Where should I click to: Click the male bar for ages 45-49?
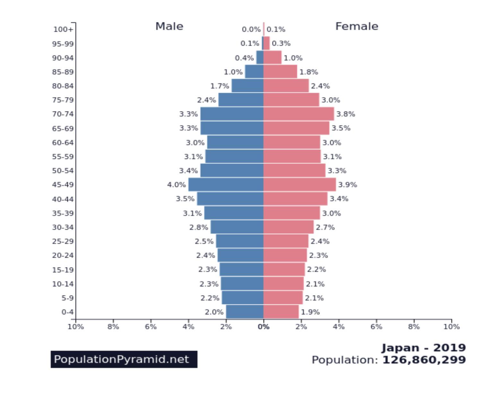pos(226,185)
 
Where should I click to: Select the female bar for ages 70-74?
pos(299,114)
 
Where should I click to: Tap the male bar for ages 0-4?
pos(245,312)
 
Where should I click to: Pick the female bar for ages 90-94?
pos(273,58)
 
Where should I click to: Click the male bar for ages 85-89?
pos(254,72)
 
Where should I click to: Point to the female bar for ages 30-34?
pos(288,227)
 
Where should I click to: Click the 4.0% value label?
pos(176,185)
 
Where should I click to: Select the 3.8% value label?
pos(345,114)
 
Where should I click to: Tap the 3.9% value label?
pos(347,185)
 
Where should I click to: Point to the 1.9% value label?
pos(310,312)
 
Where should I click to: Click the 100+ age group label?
pos(63,30)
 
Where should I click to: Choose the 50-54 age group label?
pos(63,171)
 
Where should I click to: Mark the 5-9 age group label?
pos(67,298)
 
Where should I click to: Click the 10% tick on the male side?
pos(76,327)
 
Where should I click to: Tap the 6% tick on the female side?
pos(376,327)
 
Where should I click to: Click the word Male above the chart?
pos(169,26)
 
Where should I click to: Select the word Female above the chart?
pos(357,26)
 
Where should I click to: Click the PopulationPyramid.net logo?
pos(124,359)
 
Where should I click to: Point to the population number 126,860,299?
pos(424,360)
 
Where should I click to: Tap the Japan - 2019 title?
pos(423,348)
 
